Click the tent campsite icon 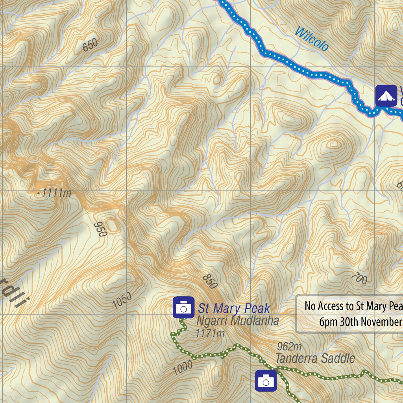click(386, 96)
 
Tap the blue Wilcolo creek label click(311, 39)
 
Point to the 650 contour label click(90, 46)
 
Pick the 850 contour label click(210, 282)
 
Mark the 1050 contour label click(122, 301)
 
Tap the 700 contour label click(359, 278)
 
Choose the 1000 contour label click(182, 367)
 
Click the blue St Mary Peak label click(234, 308)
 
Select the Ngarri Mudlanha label click(238, 321)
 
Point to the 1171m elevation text click(210, 333)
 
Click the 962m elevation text click(289, 346)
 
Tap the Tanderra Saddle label click(315, 359)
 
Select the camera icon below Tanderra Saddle click(266, 381)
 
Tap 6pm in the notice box click(327, 322)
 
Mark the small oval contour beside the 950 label click(112, 225)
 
